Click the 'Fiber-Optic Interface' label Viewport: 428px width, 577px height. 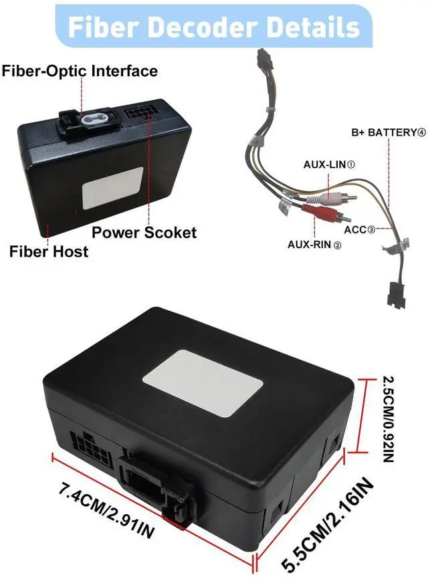80,71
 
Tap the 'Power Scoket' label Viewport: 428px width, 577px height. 144,233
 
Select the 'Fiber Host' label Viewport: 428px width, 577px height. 48,252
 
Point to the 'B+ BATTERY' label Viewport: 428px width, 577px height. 389,132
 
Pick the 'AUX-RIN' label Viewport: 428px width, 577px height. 314,245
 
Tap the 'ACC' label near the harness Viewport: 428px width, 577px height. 359,230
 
